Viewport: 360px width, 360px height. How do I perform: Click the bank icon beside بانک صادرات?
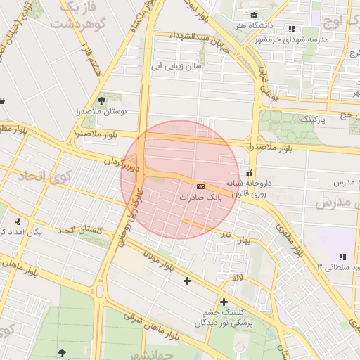click(201, 186)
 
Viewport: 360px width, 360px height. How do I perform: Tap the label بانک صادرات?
click(200, 198)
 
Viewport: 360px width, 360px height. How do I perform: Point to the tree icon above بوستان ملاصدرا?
click(102, 101)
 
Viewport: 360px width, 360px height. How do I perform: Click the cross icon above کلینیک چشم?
click(224, 302)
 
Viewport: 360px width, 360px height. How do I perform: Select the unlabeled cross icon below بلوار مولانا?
click(187, 281)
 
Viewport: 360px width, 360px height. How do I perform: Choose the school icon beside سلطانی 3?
click(342, 257)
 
